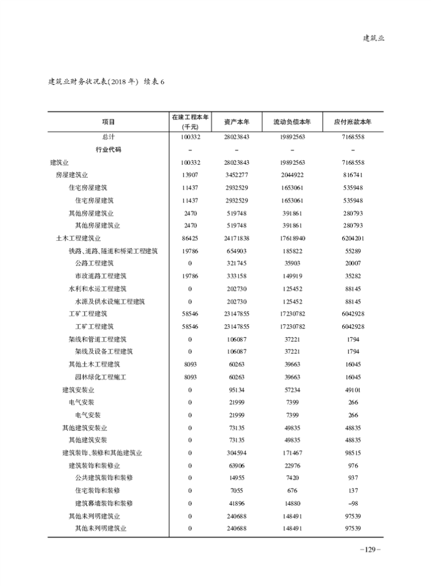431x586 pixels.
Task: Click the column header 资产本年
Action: pos(236,122)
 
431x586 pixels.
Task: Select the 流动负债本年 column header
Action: pos(293,122)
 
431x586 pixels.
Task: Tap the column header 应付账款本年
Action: pos(353,122)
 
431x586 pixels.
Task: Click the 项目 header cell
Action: pos(108,122)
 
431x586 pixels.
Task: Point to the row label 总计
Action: pos(108,137)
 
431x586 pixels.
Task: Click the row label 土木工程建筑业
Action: pos(79,238)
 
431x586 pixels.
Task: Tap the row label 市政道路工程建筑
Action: pos(101,276)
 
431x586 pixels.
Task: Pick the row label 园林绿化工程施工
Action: pos(101,377)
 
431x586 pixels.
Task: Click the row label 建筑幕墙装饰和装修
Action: pos(104,503)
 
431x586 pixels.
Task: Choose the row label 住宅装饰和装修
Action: pos(98,491)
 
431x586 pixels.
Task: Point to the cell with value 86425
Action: pos(190,238)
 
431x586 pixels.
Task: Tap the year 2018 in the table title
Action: pos(120,82)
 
